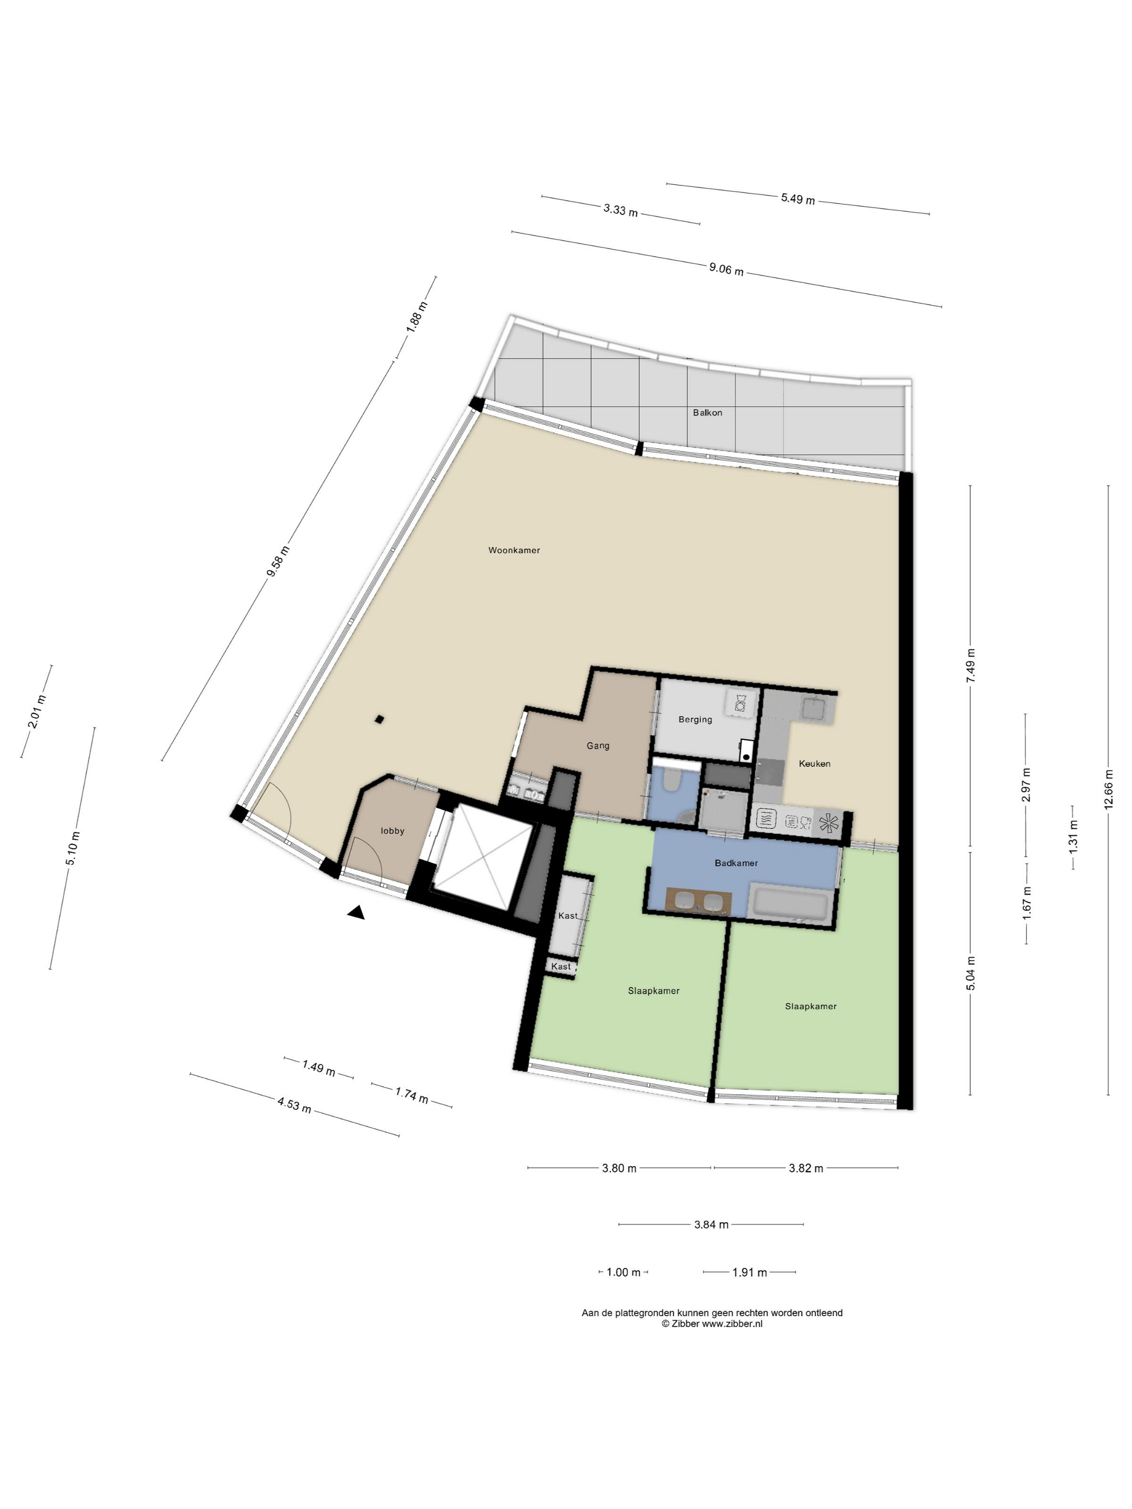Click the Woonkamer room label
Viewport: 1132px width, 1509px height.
pos(514,550)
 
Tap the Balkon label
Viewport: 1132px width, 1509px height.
pos(707,412)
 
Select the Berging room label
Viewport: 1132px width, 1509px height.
pos(695,719)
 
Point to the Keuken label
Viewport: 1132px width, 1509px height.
pos(814,763)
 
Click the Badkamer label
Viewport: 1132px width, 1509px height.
pos(736,863)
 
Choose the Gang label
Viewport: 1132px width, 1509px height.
pos(598,746)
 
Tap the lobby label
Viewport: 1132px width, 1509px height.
pos(392,831)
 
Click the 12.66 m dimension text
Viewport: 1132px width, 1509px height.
pos(1108,790)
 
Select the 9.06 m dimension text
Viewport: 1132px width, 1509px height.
pos(726,269)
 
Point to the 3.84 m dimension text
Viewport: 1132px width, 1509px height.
pos(711,1224)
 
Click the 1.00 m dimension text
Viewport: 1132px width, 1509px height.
pos(623,1272)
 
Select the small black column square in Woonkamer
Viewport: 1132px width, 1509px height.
pos(379,719)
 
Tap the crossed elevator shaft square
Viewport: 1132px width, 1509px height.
pos(483,857)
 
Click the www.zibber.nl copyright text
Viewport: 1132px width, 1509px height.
pos(712,1324)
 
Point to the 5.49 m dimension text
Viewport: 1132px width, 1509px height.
pos(798,199)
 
